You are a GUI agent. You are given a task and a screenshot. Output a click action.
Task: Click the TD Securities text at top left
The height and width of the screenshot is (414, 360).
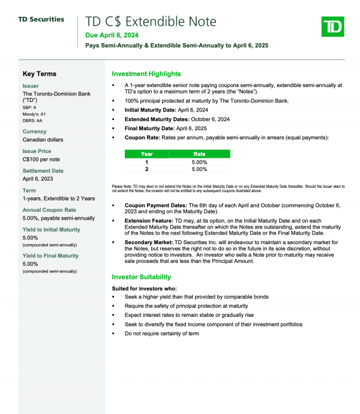click(x=41, y=19)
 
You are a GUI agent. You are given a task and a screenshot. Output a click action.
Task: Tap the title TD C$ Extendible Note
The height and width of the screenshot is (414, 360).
click(x=151, y=22)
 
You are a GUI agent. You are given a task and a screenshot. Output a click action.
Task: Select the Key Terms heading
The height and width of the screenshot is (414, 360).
click(x=40, y=74)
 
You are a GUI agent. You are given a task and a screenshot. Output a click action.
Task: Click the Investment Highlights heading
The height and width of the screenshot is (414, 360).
click(x=146, y=74)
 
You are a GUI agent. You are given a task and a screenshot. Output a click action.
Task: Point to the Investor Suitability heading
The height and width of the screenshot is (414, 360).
click(x=142, y=277)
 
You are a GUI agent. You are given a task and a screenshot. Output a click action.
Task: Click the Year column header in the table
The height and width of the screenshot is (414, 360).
click(x=146, y=154)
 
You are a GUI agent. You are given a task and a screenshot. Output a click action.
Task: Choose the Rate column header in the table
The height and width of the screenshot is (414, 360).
click(x=199, y=154)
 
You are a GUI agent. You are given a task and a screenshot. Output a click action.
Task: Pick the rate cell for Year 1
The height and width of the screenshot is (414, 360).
click(x=199, y=162)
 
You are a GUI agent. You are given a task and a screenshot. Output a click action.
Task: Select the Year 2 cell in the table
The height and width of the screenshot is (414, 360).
click(x=146, y=169)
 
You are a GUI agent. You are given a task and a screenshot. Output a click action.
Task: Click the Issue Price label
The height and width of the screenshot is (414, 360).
click(x=37, y=151)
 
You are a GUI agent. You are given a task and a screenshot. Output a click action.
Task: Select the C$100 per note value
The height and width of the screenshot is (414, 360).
click(x=41, y=159)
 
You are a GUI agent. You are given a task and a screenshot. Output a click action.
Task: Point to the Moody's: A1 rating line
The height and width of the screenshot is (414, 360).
click(x=34, y=114)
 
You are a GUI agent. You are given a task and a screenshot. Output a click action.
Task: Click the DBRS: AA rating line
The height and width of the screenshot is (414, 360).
click(x=32, y=121)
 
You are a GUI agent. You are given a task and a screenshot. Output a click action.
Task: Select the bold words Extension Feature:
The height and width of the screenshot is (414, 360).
click(x=149, y=221)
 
